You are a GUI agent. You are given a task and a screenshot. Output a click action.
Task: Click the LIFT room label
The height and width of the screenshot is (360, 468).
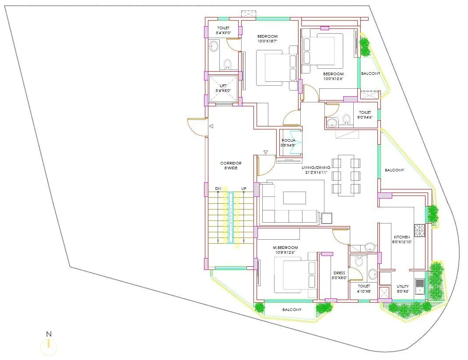223,86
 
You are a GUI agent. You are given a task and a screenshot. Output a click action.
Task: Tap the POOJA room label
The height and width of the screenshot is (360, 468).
288,140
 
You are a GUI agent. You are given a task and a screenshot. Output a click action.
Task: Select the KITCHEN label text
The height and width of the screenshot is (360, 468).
401,237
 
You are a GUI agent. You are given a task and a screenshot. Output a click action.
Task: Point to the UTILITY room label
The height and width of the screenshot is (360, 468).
403,287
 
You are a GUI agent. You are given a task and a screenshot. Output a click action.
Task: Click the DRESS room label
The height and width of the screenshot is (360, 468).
339,273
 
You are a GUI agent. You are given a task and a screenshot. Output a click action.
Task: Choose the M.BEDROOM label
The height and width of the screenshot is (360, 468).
285,247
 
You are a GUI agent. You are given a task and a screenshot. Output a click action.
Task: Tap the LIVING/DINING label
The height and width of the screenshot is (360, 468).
314,167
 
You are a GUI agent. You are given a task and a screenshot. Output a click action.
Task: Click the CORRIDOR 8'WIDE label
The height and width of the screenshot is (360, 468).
231,163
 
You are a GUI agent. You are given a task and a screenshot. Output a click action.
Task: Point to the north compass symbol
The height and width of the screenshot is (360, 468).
49,346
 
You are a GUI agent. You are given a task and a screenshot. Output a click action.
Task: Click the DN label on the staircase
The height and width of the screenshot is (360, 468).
218,189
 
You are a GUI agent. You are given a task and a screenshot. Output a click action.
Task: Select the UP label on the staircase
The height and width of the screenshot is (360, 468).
243,189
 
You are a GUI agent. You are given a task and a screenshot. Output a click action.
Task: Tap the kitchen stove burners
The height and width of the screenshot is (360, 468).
419,230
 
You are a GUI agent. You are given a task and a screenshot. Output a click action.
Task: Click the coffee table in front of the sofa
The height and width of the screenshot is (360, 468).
295,198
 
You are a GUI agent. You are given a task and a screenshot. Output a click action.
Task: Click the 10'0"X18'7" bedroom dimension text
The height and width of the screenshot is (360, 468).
267,41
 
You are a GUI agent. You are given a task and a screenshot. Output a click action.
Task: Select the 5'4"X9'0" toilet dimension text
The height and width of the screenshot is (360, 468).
223,33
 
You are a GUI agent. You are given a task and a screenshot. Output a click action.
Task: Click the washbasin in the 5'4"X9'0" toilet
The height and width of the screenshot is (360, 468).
214,46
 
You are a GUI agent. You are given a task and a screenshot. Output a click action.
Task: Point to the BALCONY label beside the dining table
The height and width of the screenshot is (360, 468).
394,170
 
